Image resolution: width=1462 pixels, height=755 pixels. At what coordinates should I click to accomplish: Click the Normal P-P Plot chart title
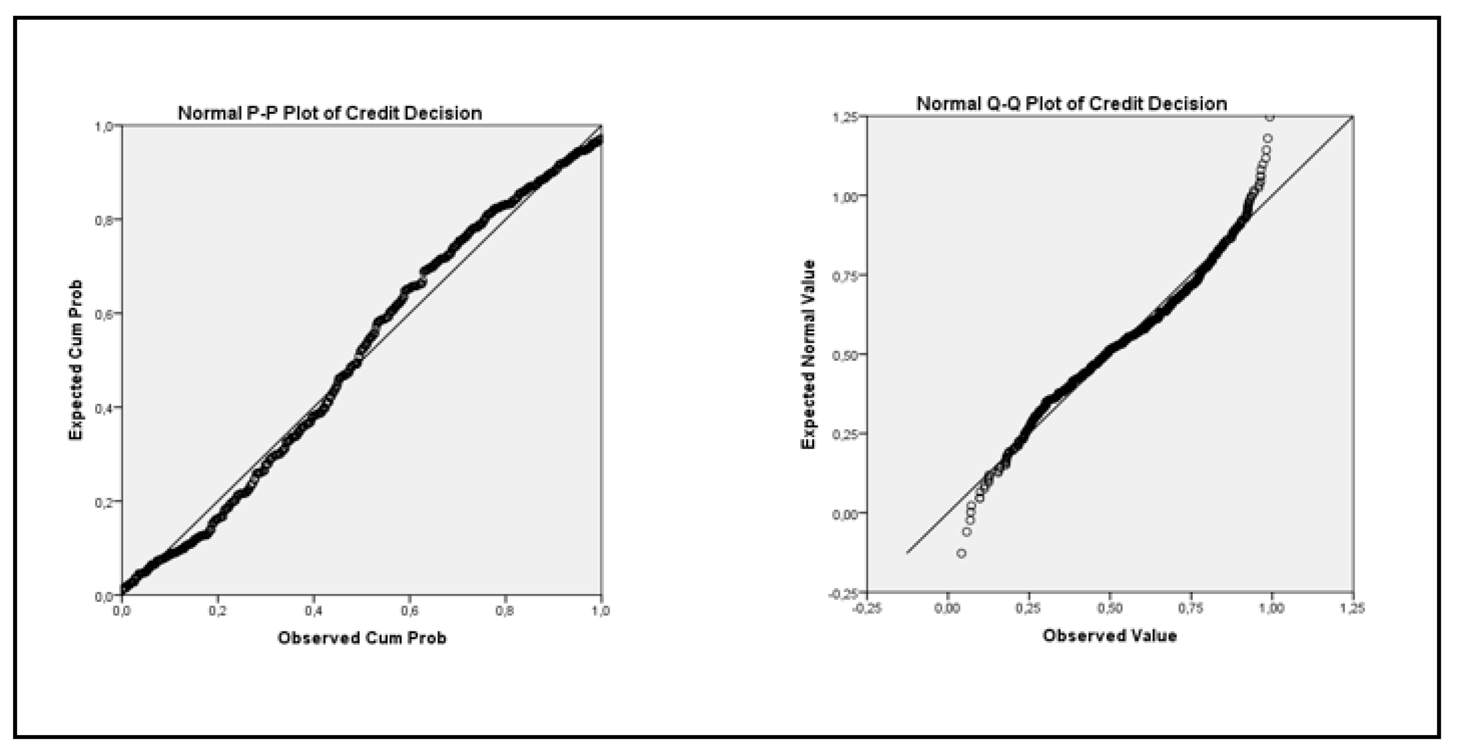330,113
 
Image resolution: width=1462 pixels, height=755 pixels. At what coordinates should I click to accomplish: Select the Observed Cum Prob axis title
362,638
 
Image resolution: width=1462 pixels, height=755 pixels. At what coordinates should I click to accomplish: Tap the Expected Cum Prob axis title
76,360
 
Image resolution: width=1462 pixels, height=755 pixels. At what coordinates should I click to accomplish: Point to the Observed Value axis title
1110,636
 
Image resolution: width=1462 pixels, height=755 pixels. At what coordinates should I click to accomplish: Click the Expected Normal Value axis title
808,354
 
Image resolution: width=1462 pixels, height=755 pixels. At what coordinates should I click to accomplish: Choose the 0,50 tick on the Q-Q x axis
1110,609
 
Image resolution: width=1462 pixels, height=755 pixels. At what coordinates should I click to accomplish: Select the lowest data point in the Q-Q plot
961,553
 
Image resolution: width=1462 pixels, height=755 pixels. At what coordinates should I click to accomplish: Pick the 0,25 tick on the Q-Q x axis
1029,609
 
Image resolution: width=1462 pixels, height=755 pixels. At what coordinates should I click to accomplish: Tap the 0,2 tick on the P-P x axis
218,611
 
